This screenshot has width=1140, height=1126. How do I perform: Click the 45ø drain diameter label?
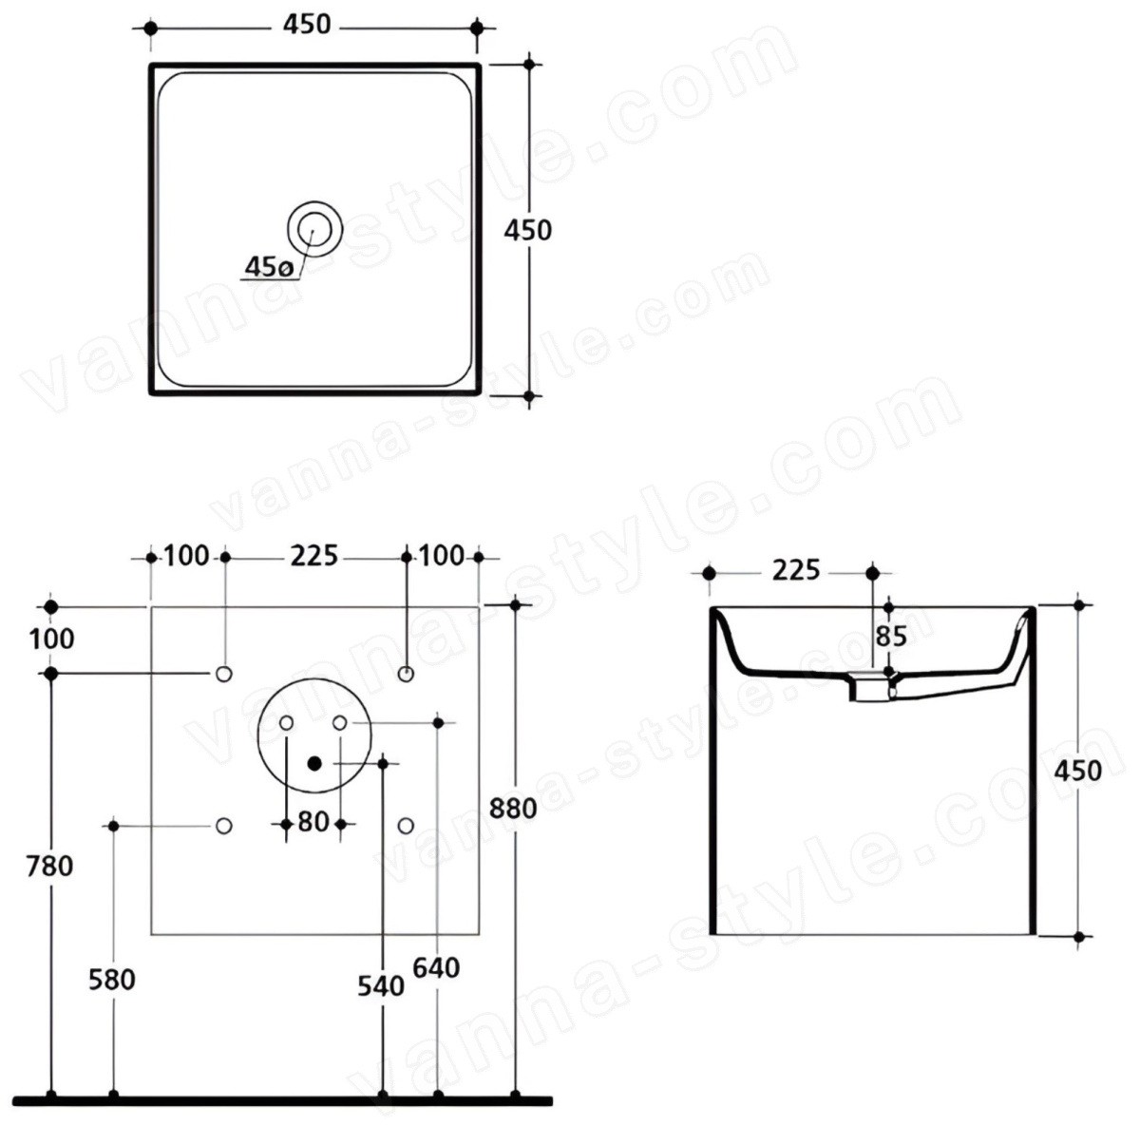[269, 267]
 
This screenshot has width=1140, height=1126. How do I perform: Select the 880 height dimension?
[514, 808]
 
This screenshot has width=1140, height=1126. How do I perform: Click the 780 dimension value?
[50, 866]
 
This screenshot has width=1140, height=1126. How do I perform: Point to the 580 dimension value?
[112, 980]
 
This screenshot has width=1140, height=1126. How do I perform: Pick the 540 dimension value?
[381, 985]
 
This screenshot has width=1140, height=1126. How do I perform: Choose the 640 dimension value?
[436, 968]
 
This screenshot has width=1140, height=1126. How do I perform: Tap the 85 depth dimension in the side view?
[891, 637]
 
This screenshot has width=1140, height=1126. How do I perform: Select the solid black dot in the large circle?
[314, 763]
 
